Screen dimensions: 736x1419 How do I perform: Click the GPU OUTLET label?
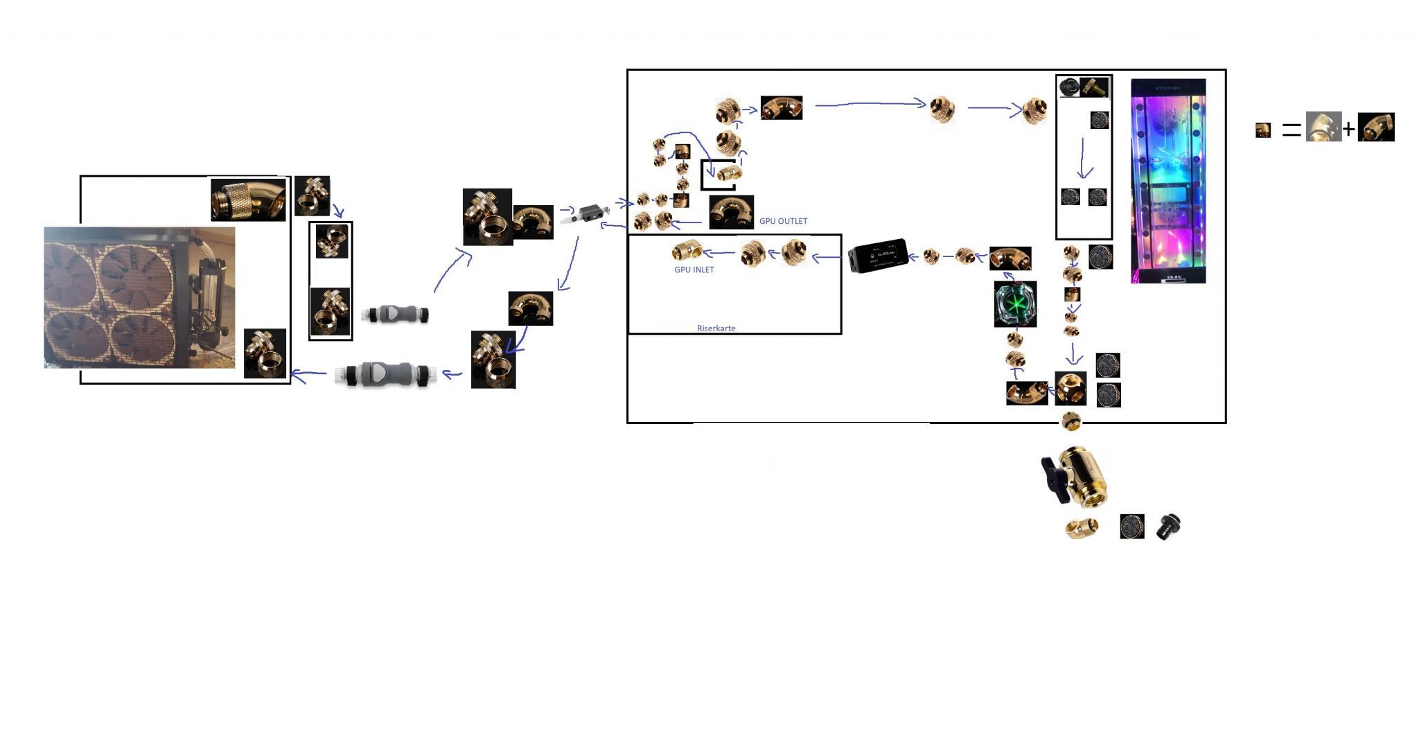coord(783,221)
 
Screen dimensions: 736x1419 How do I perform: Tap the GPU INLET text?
coord(694,270)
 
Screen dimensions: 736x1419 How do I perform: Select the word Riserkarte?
coord(716,328)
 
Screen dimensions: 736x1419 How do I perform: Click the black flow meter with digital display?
coord(877,256)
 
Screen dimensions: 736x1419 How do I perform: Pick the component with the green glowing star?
coord(1015,304)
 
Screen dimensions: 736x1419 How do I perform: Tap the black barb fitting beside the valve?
coord(1168,526)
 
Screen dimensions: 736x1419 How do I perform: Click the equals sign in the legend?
coord(1291,130)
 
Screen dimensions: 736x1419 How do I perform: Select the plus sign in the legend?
coord(1348,129)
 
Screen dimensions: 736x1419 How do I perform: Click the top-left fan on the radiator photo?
coord(69,267)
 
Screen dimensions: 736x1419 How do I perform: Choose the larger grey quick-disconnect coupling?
coord(385,374)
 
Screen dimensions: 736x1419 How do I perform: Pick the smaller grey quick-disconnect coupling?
coord(395,314)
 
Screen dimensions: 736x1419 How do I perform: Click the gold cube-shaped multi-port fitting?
coord(1070,388)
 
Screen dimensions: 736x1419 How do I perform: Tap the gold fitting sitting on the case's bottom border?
coord(1070,421)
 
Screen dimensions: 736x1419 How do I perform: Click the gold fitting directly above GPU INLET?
coord(687,249)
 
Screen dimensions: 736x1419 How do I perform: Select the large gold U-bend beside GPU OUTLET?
coord(731,212)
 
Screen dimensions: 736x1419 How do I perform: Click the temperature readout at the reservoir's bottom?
coord(1173,279)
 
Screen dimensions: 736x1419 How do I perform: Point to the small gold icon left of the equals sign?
coord(1263,130)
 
